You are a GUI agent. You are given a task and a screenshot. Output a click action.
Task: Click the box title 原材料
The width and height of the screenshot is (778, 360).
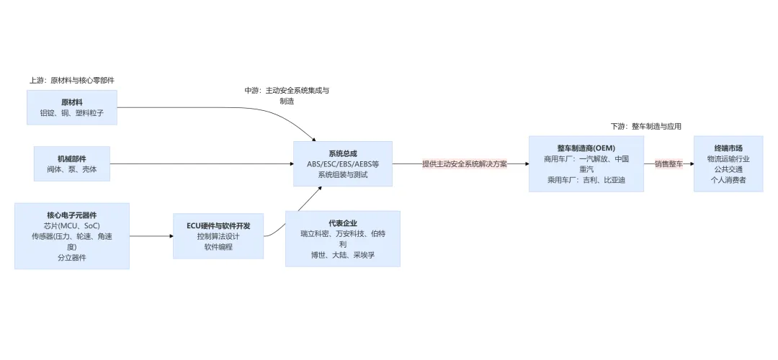(x=71, y=102)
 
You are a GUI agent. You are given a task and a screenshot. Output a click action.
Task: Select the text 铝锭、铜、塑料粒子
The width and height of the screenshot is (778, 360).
(x=71, y=113)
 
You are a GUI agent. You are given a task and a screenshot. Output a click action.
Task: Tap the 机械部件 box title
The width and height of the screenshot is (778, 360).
(x=71, y=158)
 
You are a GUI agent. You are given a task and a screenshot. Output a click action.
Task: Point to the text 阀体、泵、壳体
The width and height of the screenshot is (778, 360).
(x=71, y=170)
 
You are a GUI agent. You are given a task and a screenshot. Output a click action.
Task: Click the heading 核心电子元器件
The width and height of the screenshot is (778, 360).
(x=71, y=215)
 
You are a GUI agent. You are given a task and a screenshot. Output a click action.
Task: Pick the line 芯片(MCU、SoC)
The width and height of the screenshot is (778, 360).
(x=71, y=225)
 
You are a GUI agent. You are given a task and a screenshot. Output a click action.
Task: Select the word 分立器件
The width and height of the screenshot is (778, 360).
(x=71, y=257)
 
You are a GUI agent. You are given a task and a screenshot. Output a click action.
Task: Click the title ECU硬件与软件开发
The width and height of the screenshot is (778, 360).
(x=218, y=225)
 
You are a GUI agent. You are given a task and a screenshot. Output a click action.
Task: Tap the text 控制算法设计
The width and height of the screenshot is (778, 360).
(x=218, y=236)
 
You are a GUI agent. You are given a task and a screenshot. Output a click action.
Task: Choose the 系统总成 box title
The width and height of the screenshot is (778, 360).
(x=343, y=153)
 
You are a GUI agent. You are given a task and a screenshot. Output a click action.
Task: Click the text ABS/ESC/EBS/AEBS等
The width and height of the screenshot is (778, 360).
(x=343, y=164)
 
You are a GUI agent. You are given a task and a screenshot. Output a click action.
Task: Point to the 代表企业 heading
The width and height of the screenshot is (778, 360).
(x=343, y=223)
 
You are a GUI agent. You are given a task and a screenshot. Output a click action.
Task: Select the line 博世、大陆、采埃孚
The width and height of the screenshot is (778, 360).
(x=343, y=255)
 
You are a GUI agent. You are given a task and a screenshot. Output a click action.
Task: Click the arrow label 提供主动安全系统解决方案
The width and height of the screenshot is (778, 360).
(x=465, y=164)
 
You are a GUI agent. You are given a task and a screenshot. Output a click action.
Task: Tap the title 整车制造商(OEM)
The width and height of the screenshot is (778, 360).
(x=585, y=148)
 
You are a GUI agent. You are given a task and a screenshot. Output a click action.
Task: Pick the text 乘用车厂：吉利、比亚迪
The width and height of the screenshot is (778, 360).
(x=585, y=180)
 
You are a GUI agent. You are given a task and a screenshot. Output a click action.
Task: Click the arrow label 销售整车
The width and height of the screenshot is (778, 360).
(x=668, y=164)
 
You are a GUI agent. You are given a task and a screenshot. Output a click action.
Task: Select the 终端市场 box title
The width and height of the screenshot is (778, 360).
(x=728, y=148)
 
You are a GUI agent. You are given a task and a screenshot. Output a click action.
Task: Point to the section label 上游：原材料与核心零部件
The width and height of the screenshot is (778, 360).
(x=71, y=81)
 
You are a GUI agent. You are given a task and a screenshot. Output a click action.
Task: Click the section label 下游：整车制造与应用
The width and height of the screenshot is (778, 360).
(x=645, y=126)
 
